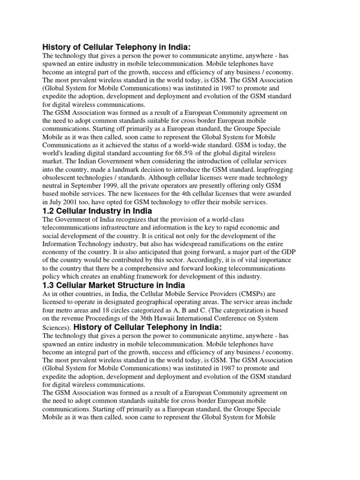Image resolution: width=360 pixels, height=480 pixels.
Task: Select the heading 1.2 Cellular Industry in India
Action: tap(97, 211)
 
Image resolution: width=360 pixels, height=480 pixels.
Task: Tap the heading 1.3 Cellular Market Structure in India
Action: tap(113, 285)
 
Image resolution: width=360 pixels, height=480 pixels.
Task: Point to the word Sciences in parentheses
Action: tap(55, 327)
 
